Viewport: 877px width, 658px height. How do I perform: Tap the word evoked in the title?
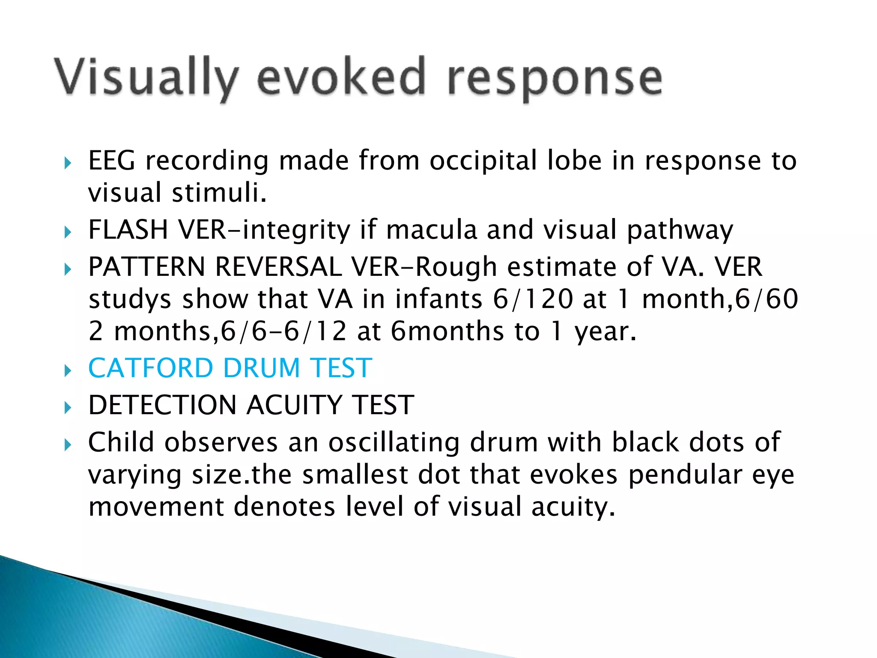341,77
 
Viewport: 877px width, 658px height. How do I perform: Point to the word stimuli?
219,193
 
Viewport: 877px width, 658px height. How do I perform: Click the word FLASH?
128,230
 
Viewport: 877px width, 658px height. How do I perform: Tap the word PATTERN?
146,267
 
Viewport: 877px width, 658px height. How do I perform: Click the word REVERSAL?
278,267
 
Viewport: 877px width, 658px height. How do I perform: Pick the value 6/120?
533,299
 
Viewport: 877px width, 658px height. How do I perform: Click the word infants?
438,299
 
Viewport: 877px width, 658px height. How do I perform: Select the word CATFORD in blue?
150,368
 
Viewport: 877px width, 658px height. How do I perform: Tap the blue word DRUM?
261,368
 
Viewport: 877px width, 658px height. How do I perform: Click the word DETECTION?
162,405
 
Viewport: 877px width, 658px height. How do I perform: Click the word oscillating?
394,443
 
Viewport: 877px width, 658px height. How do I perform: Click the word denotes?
284,507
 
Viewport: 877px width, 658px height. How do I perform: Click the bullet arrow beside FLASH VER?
68,232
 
